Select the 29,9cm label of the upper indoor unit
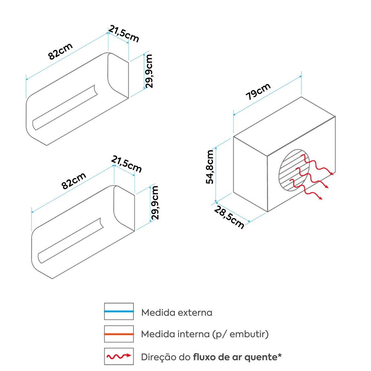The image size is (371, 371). [x=149, y=71]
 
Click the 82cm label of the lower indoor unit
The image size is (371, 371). [x=74, y=181]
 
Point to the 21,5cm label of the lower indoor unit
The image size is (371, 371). [x=127, y=164]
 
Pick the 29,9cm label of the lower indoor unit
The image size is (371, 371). [x=155, y=203]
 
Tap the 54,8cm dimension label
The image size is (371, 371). [x=210, y=167]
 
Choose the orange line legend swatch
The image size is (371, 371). [x=119, y=334]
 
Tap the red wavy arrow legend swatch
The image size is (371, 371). [x=119, y=357]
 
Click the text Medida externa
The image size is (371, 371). [x=177, y=312]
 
